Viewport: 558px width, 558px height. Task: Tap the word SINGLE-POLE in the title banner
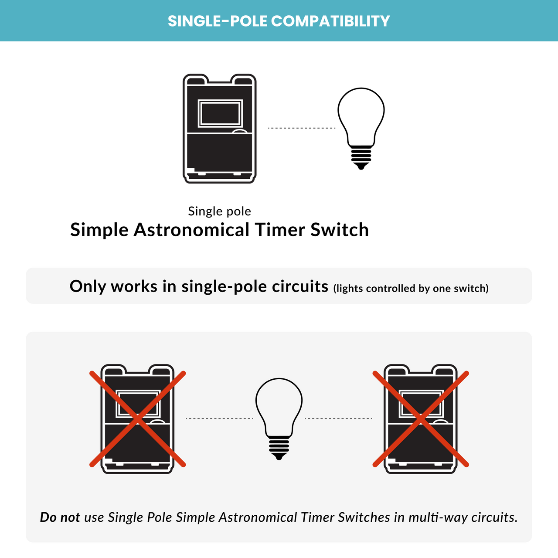tap(217, 21)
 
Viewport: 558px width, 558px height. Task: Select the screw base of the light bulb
tap(279, 446)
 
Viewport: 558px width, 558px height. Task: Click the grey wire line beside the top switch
tap(302, 128)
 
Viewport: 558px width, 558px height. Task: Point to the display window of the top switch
tap(220, 113)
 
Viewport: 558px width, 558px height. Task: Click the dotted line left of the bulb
tap(219, 418)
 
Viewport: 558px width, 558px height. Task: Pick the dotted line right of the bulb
tap(338, 418)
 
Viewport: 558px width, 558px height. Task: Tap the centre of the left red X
tap(138, 418)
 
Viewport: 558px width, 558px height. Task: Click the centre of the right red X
tap(421, 418)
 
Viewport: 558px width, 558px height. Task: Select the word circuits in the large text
tap(300, 286)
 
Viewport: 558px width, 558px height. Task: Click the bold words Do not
tap(60, 517)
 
